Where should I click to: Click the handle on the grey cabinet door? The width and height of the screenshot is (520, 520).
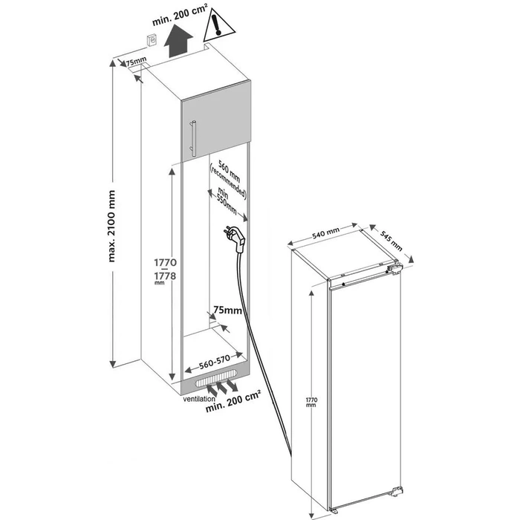[x=193, y=137]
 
